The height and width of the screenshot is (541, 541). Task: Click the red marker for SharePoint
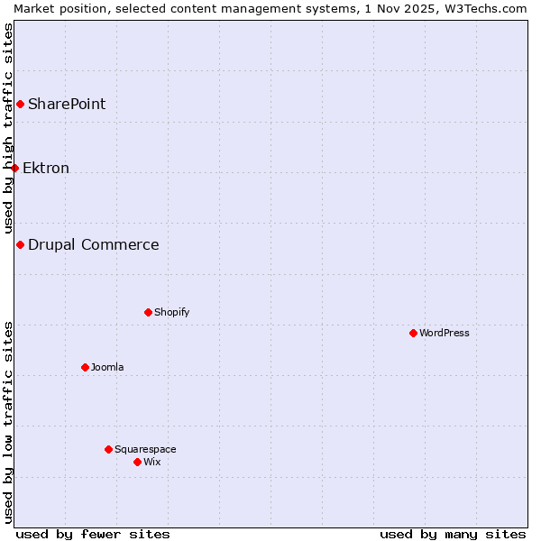coord(20,104)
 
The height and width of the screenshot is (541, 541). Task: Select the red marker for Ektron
coord(14,168)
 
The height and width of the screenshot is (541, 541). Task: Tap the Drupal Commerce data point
coord(20,244)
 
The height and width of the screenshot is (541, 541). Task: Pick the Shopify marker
coord(148,312)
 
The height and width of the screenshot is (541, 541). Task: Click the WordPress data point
coord(413,333)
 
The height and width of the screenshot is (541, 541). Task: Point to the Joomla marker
coord(85,367)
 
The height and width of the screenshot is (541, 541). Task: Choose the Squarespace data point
coord(108,449)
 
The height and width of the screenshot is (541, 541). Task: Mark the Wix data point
coord(137,462)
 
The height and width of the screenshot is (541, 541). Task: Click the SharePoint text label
coord(67,104)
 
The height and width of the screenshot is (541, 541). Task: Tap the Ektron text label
coord(46,168)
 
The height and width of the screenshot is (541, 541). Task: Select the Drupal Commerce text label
coord(94,244)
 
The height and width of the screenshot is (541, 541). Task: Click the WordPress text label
coord(445,333)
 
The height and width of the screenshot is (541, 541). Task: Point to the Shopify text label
coord(171,312)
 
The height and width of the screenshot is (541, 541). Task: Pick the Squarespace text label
coord(145,449)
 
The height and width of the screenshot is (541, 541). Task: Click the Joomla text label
coord(107,367)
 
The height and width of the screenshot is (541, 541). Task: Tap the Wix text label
coord(152,462)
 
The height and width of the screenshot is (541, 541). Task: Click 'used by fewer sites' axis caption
coord(93,534)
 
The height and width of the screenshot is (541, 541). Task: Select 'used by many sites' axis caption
coord(453,534)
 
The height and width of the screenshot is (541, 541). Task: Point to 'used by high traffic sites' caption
coord(8,128)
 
